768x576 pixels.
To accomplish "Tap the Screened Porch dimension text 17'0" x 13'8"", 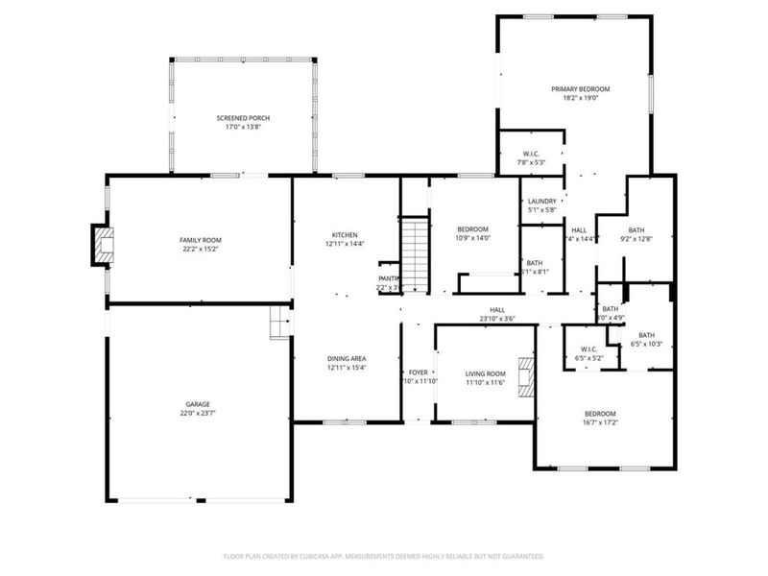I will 242,127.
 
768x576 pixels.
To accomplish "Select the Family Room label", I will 201,240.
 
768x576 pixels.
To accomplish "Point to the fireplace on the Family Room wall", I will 102,244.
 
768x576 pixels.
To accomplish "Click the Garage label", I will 198,404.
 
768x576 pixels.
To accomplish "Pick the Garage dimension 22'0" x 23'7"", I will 198,414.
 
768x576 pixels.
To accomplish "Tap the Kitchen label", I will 345,235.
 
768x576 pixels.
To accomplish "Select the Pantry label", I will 387,278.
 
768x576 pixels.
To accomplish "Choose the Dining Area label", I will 346,358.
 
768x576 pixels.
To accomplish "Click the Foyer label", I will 418,372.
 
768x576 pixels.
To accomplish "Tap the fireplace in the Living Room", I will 524,376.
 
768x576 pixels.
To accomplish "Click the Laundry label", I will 542,201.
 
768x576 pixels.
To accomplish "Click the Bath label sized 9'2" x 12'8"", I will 636,230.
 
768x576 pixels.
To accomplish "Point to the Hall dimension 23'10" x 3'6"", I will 497,319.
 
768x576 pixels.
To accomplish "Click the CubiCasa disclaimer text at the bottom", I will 384,556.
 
